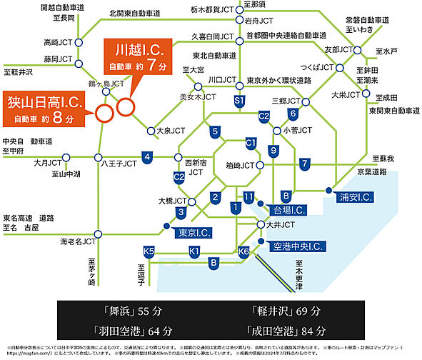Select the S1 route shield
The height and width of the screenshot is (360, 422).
click(x=239, y=104)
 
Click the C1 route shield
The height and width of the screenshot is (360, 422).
click(x=250, y=144)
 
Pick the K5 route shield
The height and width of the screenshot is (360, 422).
click(x=148, y=251)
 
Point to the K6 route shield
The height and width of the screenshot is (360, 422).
click(x=243, y=251)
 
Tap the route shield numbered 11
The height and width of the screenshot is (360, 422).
click(x=248, y=196)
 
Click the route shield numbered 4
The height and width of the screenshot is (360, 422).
click(x=146, y=156)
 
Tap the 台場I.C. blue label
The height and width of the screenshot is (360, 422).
click(x=285, y=210)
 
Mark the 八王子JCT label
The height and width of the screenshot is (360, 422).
click(x=119, y=164)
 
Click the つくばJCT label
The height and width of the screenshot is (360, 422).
click(x=317, y=67)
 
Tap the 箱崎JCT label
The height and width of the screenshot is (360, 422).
click(x=239, y=166)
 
